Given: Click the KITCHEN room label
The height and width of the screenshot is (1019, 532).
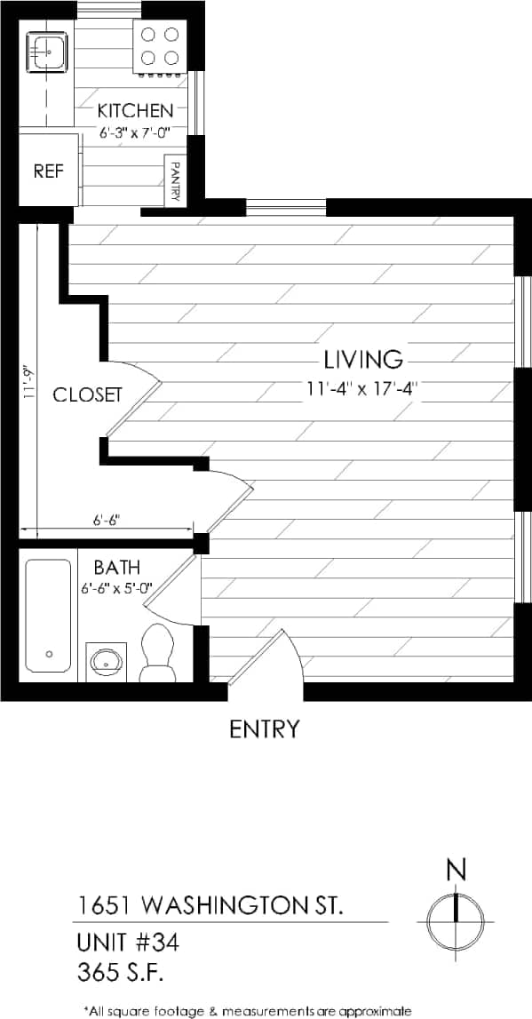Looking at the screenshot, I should pos(135,111).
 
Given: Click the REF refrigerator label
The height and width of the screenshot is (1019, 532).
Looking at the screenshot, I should pos(47,171).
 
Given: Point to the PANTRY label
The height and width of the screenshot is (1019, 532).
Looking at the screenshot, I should pos(175,180).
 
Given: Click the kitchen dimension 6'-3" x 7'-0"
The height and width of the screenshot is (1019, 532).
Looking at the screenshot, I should pos(134,131).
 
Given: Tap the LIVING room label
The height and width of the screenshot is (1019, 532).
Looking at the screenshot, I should pos(363,360).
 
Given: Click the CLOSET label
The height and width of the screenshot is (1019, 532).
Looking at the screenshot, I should pos(87,395).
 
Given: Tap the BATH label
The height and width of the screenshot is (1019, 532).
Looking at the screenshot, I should pos(117,567).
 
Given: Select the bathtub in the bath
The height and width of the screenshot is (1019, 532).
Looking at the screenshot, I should pos(48,615).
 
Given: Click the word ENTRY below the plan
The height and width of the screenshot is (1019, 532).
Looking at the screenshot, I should pos(265,729).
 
